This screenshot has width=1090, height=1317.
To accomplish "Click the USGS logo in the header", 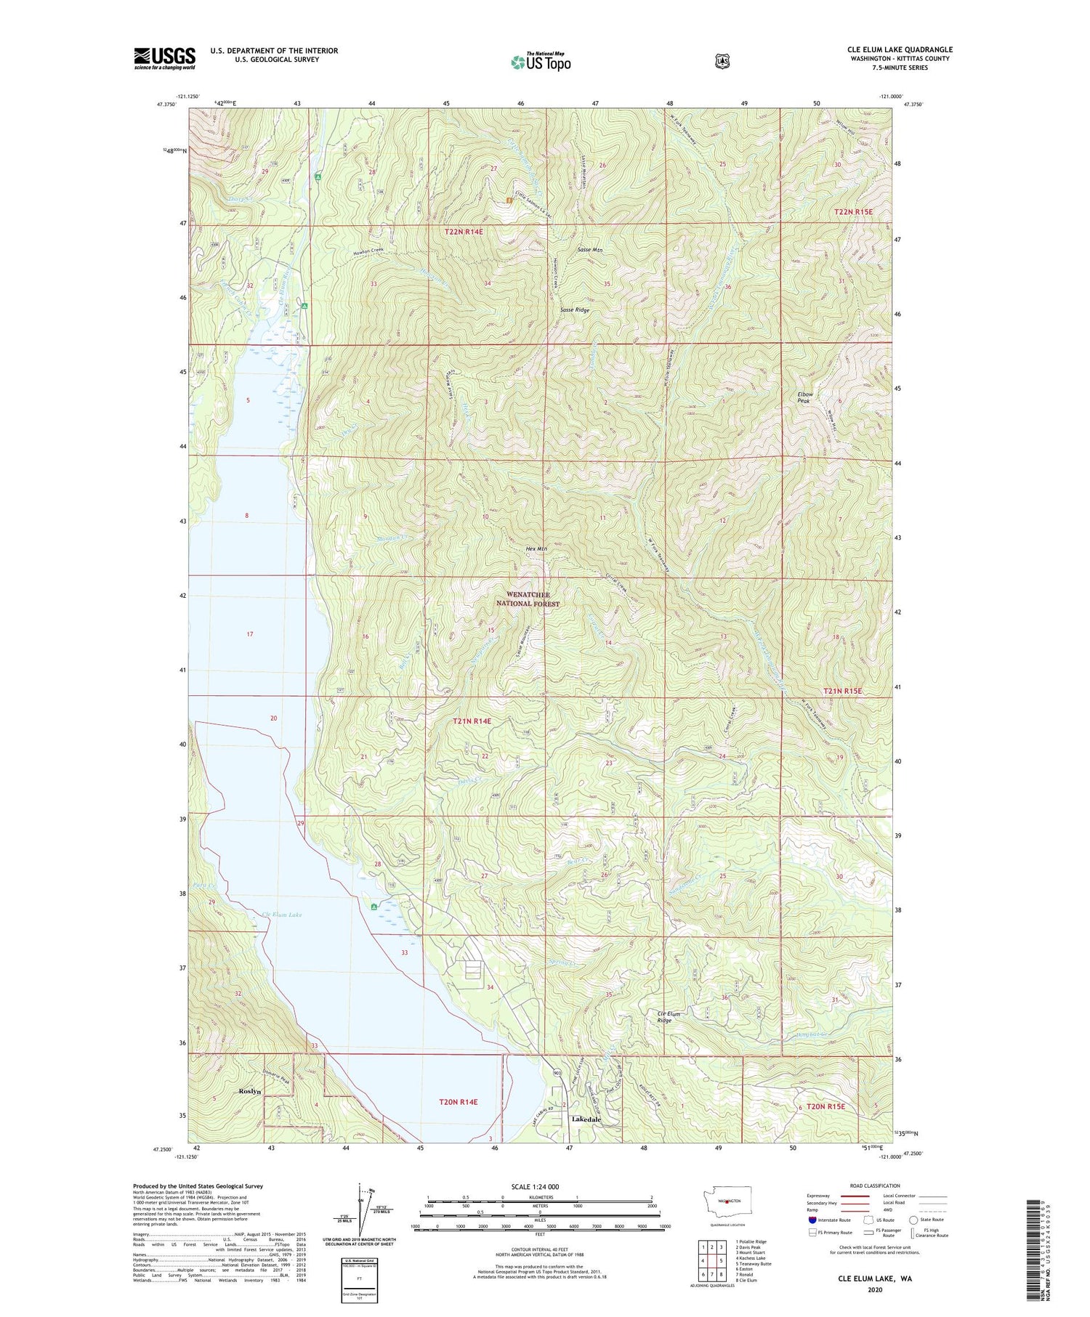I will [x=165, y=58].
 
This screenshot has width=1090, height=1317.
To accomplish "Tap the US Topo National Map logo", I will [x=541, y=62].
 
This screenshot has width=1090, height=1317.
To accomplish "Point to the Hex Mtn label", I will [x=536, y=548].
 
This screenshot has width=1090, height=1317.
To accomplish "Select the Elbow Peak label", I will [x=804, y=397].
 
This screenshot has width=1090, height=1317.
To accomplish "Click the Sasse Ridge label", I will [x=575, y=309].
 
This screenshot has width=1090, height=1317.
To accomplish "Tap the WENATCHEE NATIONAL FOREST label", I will [x=528, y=599].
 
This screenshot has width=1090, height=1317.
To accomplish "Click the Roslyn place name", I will [x=249, y=1091].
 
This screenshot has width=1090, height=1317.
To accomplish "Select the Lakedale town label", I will [x=586, y=1119].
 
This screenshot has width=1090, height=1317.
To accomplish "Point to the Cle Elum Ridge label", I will [x=664, y=1017].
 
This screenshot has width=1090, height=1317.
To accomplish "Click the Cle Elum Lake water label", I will [x=281, y=915].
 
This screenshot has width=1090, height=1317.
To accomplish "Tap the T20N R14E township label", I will [x=458, y=1101].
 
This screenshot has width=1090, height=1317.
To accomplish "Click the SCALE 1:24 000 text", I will [x=536, y=1187].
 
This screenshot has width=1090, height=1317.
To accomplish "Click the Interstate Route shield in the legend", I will [x=812, y=1220].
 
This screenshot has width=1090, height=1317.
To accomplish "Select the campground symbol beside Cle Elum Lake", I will [x=374, y=907].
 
